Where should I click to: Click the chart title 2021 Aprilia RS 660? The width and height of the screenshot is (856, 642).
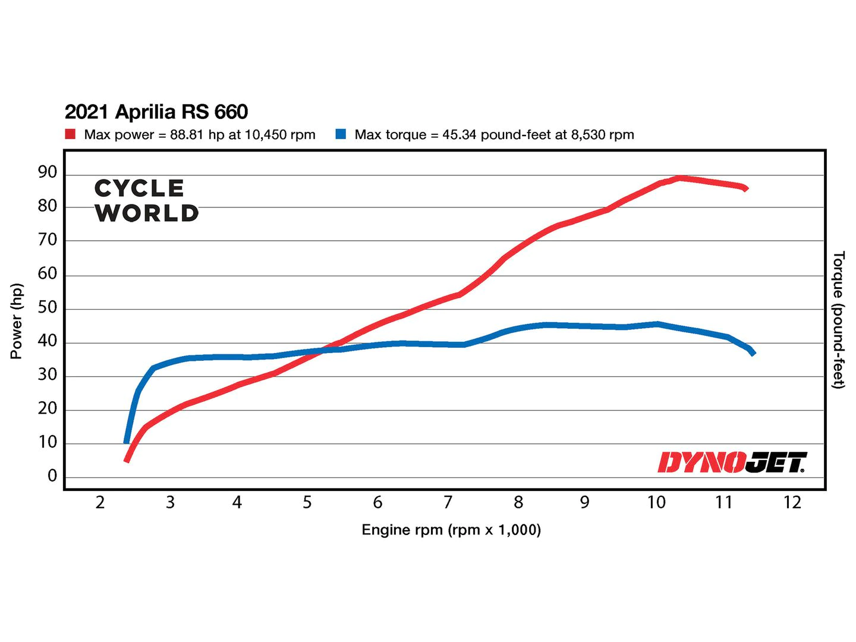pos(156,112)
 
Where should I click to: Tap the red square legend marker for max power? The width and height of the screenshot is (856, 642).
pos(70,134)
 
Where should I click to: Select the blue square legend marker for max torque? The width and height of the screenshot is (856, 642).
pos(341,134)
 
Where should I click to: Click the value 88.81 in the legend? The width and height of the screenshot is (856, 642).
pos(187,135)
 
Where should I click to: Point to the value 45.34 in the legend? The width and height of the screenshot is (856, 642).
pos(459,135)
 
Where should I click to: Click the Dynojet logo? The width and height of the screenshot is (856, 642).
pos(732,462)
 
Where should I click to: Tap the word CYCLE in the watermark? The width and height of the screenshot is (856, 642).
pos(140,188)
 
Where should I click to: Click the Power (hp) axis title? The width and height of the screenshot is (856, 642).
pos(17,321)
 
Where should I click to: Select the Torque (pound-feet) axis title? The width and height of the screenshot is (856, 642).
pos(838,320)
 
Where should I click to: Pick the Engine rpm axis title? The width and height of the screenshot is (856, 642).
pos(451,530)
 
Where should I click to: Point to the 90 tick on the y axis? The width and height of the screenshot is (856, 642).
pos(48,172)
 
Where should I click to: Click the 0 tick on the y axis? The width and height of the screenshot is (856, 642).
pos(52,476)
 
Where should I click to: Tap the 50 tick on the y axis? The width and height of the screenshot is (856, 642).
pos(48,307)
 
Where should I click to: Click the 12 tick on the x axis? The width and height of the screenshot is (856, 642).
pos(792,503)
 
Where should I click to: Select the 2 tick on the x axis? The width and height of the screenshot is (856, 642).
pos(100,503)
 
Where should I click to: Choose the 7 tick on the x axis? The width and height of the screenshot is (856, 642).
pos(448,503)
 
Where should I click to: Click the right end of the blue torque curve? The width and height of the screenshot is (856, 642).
pos(753,353)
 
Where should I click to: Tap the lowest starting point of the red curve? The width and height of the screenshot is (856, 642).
pos(127,460)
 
